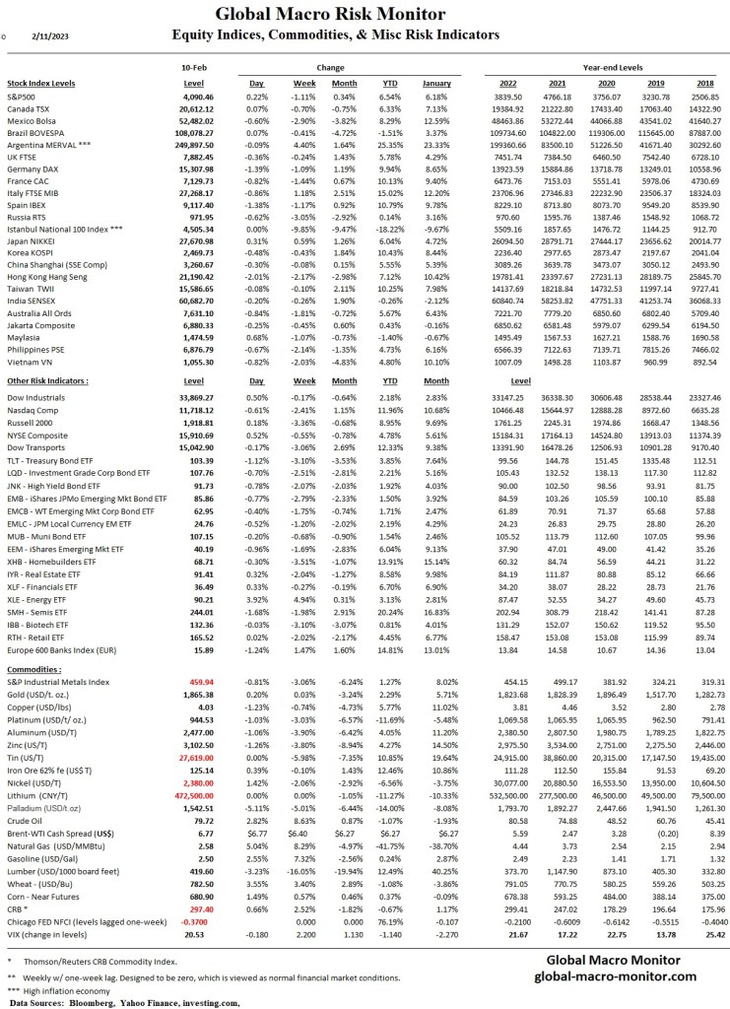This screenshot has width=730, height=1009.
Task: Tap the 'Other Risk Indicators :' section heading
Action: point(48,352)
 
